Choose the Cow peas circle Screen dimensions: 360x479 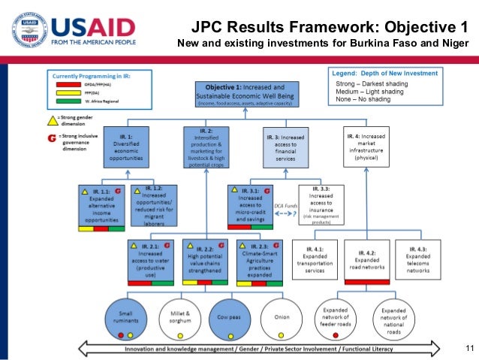pyautogui.click(x=229, y=317)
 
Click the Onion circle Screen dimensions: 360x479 pyautogui.click(x=282, y=317)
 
